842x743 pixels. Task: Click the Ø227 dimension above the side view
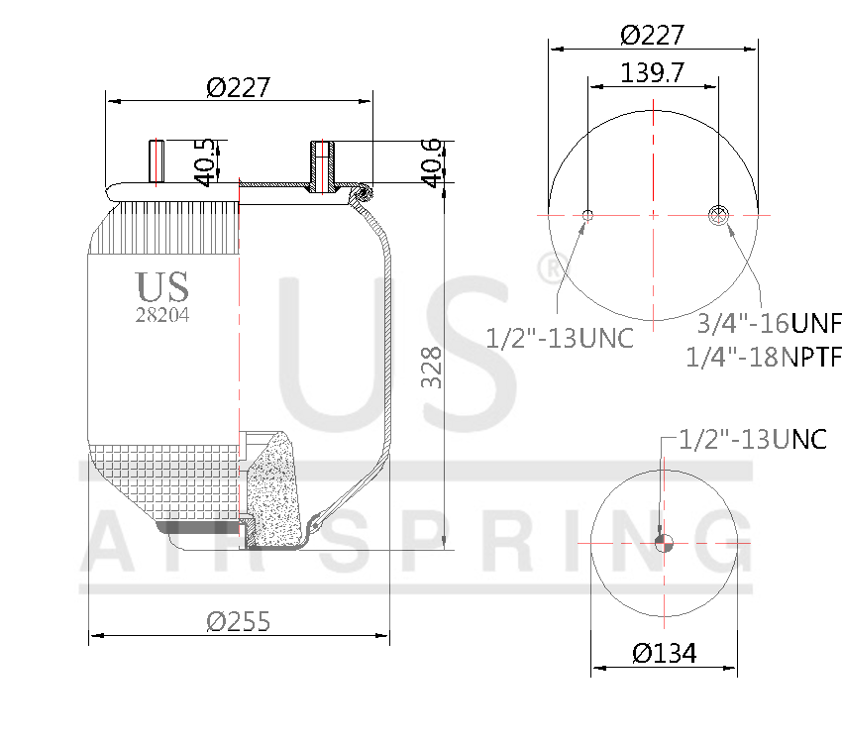point(238,88)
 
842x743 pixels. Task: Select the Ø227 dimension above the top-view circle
point(652,35)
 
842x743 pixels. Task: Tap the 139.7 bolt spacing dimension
point(652,72)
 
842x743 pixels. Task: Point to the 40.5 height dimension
point(204,161)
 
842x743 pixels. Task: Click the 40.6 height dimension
point(431,161)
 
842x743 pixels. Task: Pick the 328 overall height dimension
point(431,368)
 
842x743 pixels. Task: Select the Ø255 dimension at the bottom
point(238,621)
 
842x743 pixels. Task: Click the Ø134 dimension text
point(664,653)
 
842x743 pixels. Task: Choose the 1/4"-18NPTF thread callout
point(763,356)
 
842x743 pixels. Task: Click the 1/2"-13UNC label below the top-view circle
point(560,338)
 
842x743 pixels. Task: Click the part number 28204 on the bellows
point(162,315)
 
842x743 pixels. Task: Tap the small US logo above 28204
point(162,287)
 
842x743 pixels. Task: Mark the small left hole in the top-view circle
point(588,215)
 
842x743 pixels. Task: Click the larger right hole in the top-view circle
point(719,215)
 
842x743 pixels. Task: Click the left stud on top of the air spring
point(157,162)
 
